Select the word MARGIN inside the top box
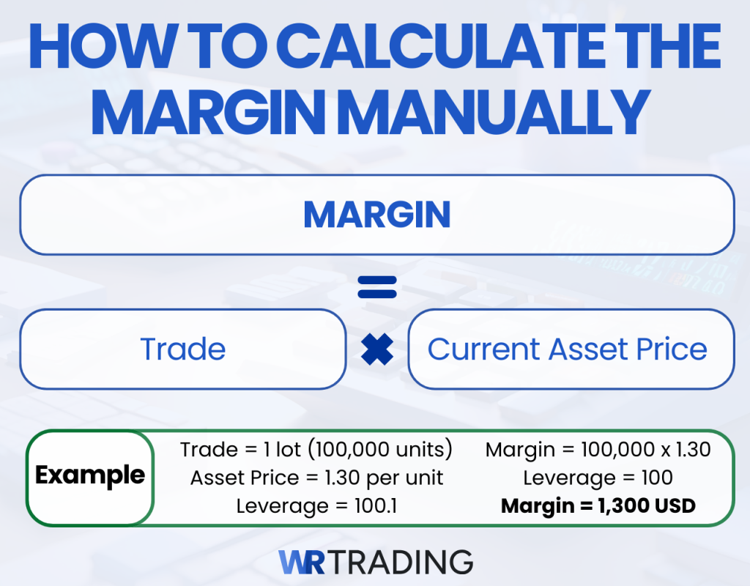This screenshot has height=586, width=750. click(376, 215)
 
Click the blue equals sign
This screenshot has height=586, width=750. click(376, 286)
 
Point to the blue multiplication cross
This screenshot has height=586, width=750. click(377, 349)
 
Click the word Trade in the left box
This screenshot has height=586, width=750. click(182, 349)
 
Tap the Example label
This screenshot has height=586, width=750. click(90, 475)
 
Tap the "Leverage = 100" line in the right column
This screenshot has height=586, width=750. click(598, 478)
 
